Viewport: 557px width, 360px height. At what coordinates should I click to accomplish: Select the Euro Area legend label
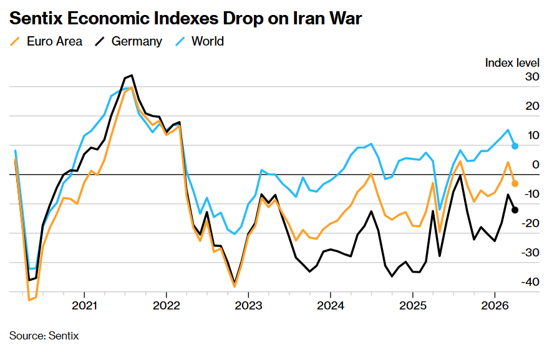click(54, 42)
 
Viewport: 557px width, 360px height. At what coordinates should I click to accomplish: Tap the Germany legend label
click(137, 42)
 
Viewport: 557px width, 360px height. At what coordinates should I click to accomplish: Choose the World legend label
click(207, 42)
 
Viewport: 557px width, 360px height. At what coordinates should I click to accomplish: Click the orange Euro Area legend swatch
click(16, 42)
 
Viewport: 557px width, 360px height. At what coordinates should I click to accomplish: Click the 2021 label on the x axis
click(84, 306)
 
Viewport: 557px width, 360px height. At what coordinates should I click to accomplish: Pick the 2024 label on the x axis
click(330, 306)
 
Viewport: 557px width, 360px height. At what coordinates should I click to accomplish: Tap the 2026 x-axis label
click(494, 306)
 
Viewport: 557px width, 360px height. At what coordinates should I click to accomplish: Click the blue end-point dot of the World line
click(515, 146)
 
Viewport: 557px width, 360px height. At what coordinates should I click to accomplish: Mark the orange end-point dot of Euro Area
click(515, 183)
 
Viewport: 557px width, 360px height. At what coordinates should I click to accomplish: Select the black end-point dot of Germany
click(515, 210)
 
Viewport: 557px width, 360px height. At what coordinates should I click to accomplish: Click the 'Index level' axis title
click(511, 62)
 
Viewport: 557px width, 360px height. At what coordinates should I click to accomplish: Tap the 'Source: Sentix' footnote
click(44, 336)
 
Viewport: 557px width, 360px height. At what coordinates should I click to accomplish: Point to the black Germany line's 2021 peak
click(131, 75)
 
